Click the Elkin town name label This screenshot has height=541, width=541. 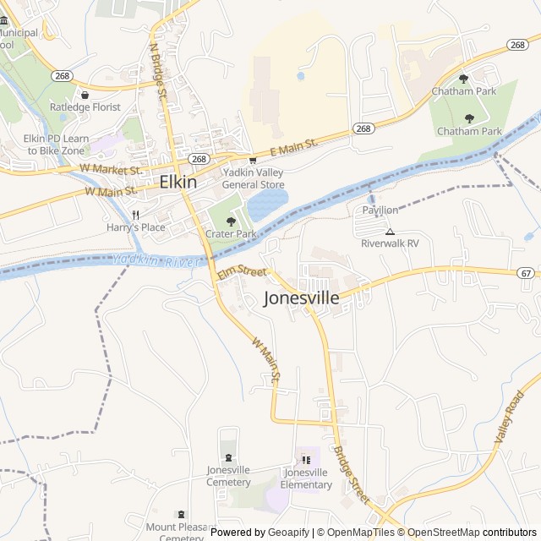click(178, 182)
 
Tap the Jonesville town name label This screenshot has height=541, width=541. click(302, 298)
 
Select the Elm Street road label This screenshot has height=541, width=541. click(242, 271)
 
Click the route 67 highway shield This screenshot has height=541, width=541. click(526, 273)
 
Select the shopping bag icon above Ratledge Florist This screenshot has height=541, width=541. click(85, 95)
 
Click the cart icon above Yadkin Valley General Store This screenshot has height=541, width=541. click(253, 160)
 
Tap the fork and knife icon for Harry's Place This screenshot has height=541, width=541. click(135, 215)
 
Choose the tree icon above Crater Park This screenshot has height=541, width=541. click(231, 221)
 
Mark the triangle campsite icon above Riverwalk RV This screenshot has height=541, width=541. click(390, 231)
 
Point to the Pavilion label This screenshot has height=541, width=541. click(380, 210)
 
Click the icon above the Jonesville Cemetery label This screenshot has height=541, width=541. click(228, 457)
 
